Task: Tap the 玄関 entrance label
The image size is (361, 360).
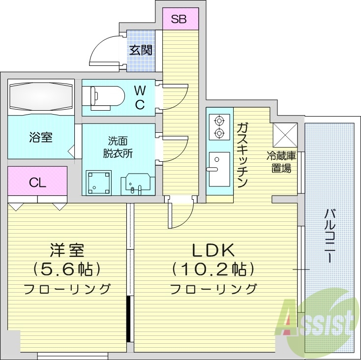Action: coord(141,50)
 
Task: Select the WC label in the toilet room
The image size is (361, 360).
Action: coord(139,97)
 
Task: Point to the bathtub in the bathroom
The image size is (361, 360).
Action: coord(41,96)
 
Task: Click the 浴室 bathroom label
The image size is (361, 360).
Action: coord(40,137)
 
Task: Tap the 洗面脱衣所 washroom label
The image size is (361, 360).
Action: coord(118,147)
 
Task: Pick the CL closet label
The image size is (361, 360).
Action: coord(37,183)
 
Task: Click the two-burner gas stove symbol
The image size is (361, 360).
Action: coord(218,127)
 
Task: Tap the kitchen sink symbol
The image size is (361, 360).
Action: coord(219,169)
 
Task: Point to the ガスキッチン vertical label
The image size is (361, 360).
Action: coord(241,155)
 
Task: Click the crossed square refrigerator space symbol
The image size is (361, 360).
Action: coord(285,134)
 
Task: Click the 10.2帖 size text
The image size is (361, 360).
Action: coord(213,269)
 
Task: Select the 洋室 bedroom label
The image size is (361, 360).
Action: coord(67,250)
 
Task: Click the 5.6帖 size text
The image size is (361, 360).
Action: coord(67,269)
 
